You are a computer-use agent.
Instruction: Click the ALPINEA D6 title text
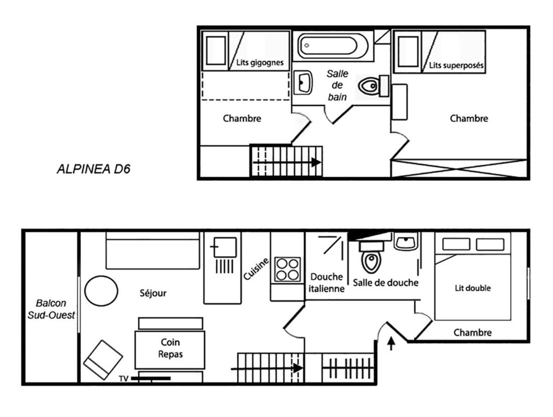94,169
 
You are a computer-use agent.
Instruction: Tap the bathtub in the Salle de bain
333,46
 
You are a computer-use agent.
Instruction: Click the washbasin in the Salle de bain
303,82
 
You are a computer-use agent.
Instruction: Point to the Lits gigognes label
260,63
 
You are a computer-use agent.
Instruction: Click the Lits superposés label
456,65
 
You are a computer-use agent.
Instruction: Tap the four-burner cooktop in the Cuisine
288,270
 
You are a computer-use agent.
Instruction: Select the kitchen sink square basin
225,247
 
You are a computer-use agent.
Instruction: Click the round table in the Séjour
101,291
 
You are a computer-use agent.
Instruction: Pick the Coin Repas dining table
170,350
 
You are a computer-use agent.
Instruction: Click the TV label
124,378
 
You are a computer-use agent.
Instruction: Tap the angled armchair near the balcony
103,360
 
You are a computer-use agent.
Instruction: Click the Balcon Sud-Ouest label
51,309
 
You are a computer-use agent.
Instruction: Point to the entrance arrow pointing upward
391,343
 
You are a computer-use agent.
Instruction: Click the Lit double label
473,288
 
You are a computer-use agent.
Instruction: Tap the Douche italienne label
327,283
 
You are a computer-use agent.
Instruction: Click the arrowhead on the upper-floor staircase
316,162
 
